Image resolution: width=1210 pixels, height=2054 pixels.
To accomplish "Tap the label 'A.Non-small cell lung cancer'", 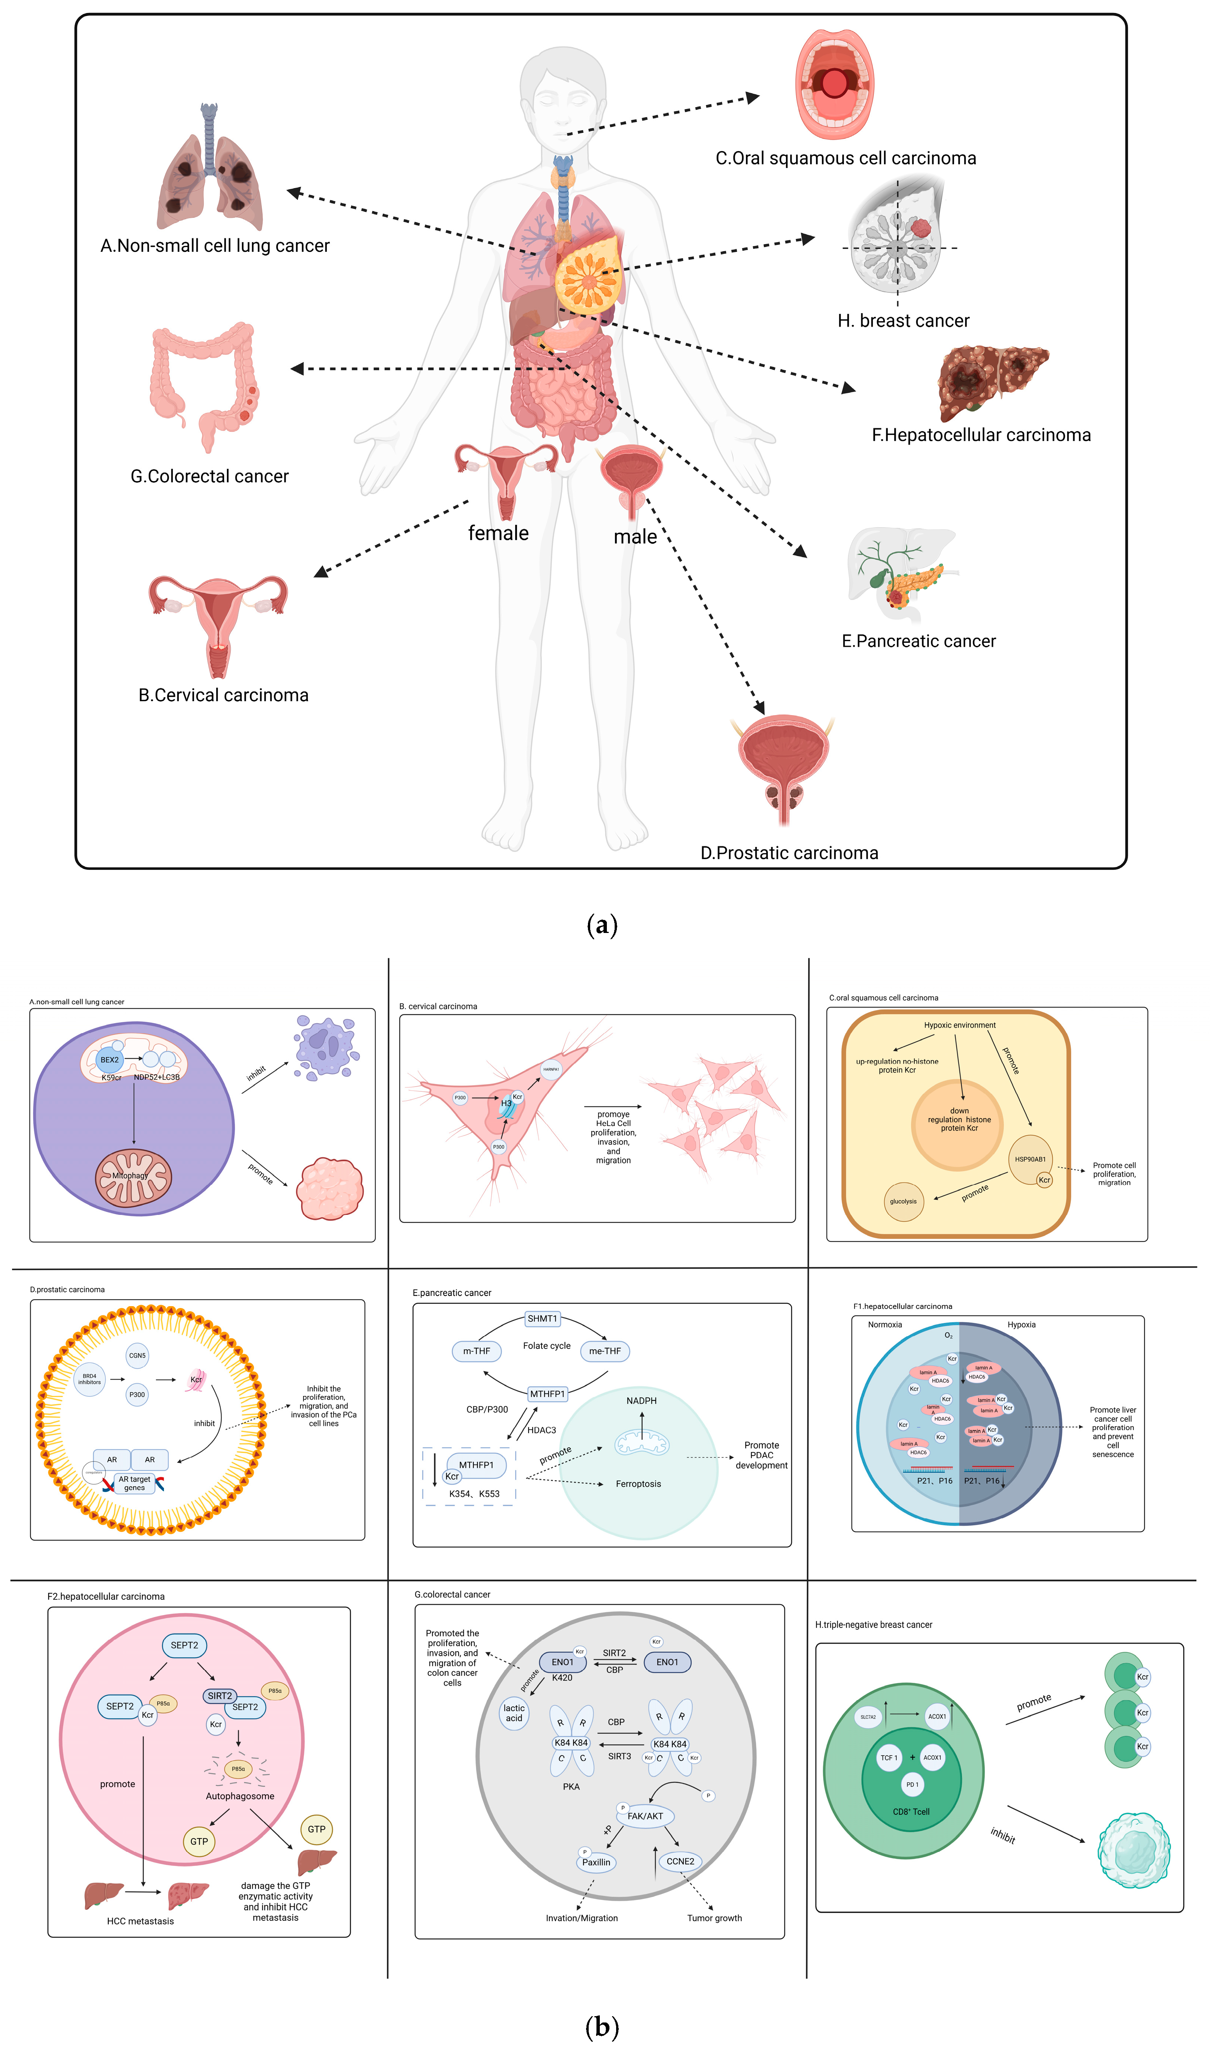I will pos(214,246).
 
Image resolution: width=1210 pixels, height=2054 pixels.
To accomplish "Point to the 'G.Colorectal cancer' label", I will pos(210,476).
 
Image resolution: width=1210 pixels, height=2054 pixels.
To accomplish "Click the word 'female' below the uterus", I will pos(498,533).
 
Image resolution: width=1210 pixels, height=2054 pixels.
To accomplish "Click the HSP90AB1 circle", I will pos(1030,1159).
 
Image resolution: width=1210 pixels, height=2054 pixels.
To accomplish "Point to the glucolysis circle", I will pos(904,1201).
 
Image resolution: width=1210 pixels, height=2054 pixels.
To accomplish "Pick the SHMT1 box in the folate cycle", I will pos(542,1318).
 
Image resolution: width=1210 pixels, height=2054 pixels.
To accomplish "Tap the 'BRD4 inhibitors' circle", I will pos(90,1379).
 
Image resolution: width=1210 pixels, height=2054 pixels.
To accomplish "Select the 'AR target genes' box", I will pos(135,1483).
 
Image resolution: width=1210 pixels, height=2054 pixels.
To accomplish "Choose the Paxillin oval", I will pos(596,1862).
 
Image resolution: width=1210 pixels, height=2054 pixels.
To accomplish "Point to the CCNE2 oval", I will pos(680,1861).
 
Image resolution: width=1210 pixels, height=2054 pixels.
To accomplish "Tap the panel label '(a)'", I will pos(602,925).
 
